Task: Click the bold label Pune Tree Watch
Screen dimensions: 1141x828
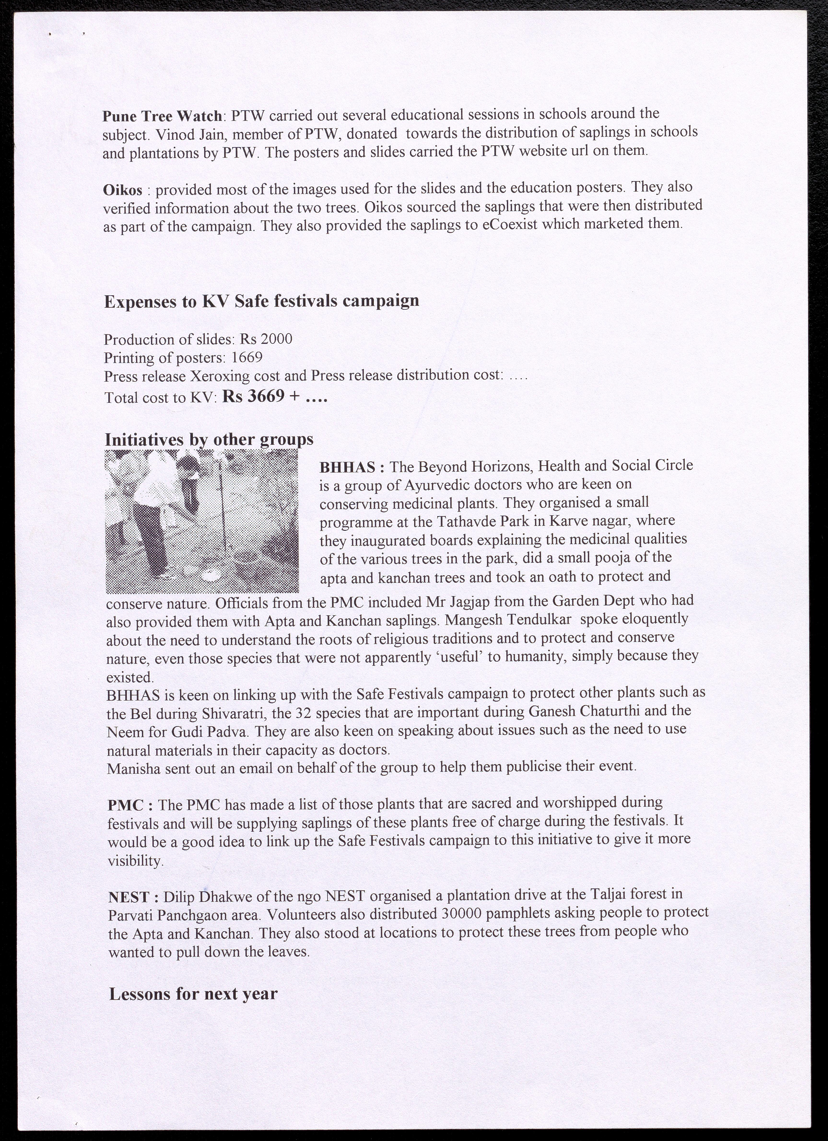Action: pyautogui.click(x=162, y=116)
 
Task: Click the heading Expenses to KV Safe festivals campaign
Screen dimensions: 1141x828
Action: pyautogui.click(x=261, y=301)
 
